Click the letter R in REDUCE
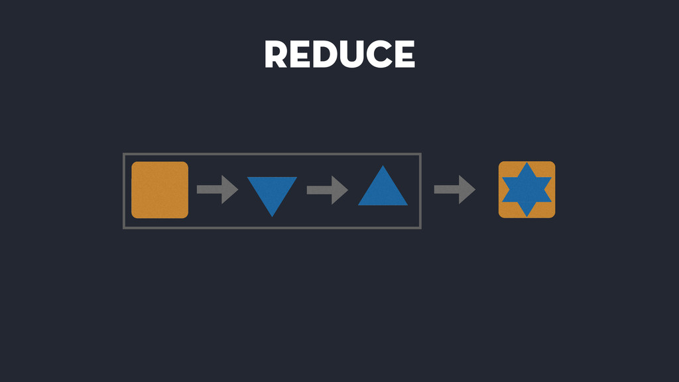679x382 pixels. point(277,54)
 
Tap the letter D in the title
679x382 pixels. point(322,54)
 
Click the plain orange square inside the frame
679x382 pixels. point(160,190)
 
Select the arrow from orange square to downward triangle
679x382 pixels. point(217,190)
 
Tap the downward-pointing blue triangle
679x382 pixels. point(272,191)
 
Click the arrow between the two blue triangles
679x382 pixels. point(328,190)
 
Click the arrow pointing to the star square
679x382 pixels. point(455,190)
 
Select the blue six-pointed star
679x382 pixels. point(526,190)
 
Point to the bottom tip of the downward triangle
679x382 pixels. point(272,216)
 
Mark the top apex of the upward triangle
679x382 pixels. point(383,166)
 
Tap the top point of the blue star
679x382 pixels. point(526,163)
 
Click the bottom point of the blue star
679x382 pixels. point(526,216)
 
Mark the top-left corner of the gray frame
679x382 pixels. point(124,155)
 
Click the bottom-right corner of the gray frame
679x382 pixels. point(420,227)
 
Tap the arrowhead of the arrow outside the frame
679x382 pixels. point(468,190)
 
